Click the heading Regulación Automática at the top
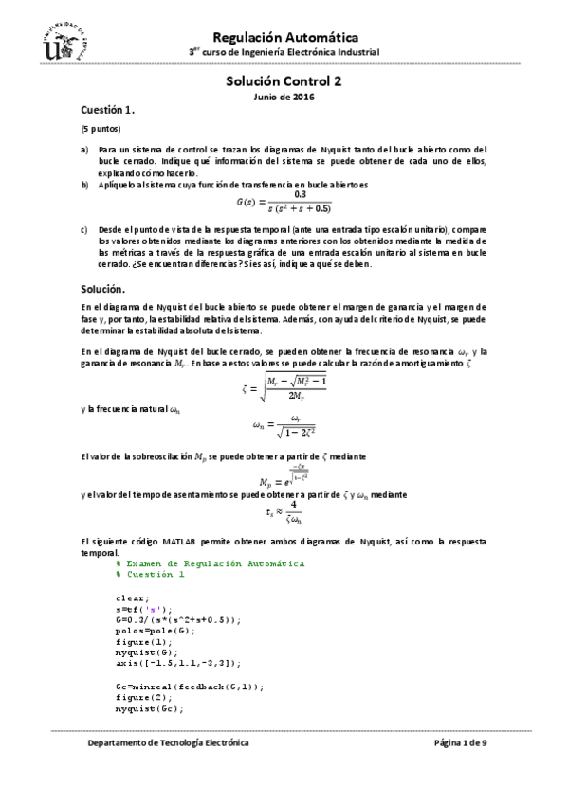(284, 35)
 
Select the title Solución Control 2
(284, 82)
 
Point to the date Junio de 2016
(284, 97)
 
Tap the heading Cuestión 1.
(107, 110)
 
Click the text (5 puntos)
(100, 128)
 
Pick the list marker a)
(83, 150)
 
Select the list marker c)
(83, 230)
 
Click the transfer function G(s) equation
(284, 202)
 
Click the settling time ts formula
(284, 513)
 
